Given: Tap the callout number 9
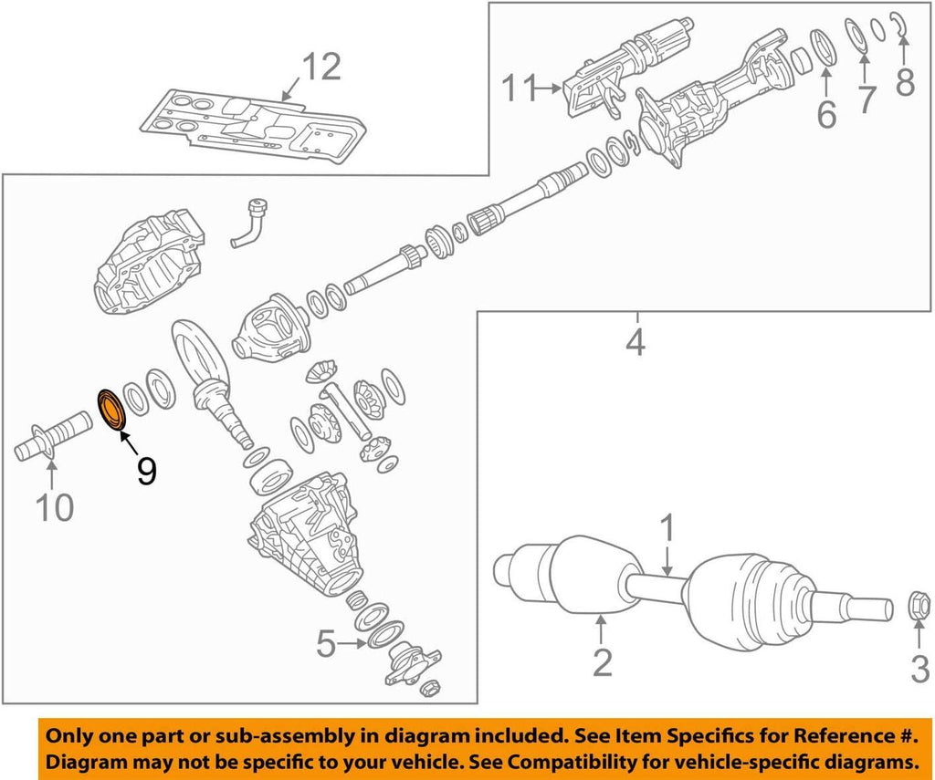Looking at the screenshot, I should (146, 470).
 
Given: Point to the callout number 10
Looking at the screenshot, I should (54, 507).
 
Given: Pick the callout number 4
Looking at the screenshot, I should (636, 343).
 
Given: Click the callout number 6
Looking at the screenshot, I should (825, 114).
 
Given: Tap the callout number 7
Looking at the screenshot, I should (865, 99).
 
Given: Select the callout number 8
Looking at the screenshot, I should (905, 82).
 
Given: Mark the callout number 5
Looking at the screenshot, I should (327, 645).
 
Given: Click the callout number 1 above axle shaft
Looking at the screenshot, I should (667, 528).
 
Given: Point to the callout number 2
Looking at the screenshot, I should (602, 661).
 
